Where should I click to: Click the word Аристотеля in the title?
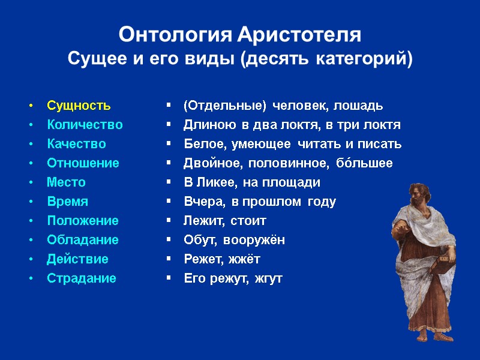click(299, 35)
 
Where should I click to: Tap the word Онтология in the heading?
click(174, 35)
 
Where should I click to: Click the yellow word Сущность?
click(79, 106)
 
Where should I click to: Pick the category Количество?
click(85, 125)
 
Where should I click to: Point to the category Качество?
click(76, 145)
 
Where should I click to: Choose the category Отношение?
click(83, 163)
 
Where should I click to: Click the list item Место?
click(66, 182)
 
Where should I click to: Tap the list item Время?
click(67, 202)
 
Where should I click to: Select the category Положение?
click(83, 221)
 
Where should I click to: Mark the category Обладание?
click(83, 240)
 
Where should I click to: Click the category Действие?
click(77, 259)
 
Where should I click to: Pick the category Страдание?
click(82, 278)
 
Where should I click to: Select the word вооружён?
click(254, 240)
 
